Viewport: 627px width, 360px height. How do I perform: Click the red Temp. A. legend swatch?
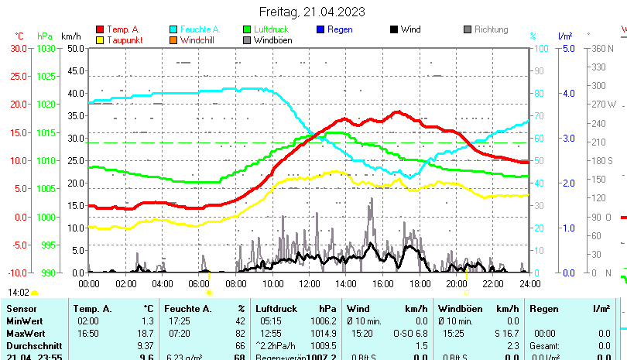[100, 29]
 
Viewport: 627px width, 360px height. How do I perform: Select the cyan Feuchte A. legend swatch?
[174, 29]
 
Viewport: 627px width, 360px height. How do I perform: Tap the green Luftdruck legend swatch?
[248, 29]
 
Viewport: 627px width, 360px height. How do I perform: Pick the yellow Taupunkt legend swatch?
[100, 39]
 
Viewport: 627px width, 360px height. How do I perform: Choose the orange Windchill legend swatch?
[174, 39]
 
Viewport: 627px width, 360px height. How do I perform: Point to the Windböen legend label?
[272, 39]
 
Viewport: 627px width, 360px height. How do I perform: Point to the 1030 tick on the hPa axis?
[46, 48]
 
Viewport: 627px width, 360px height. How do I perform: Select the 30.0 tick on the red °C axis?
[19, 48]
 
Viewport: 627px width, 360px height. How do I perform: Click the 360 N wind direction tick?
[603, 48]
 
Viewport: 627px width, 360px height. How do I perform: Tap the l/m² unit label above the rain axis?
[565, 36]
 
